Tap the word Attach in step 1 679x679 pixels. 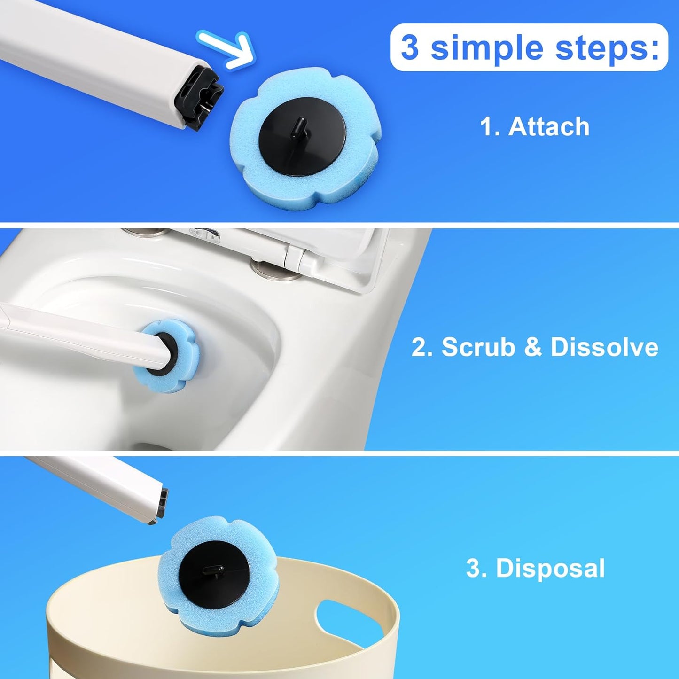point(549,127)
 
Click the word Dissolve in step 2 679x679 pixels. point(604,347)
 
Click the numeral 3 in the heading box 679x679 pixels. point(409,48)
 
